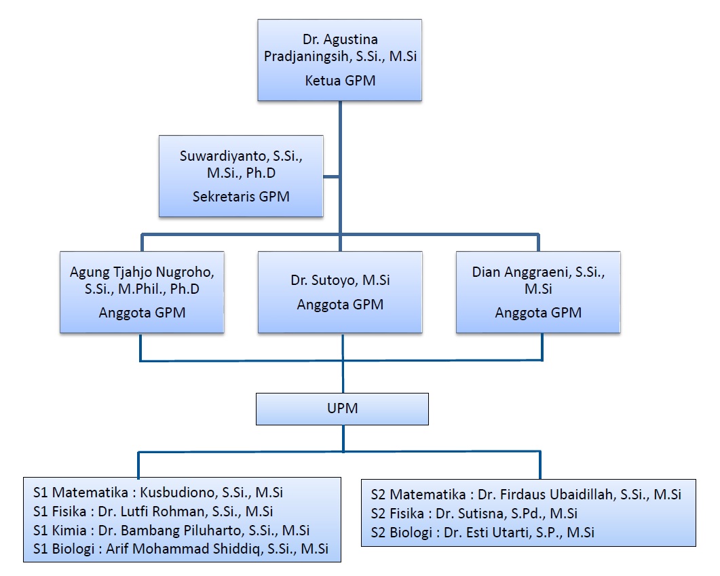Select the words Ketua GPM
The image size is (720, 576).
tap(339, 81)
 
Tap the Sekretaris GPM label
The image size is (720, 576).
tap(240, 197)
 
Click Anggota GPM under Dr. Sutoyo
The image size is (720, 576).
tap(339, 305)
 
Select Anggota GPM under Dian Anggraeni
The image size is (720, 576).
tap(537, 313)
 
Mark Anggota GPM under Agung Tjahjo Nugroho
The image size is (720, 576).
tap(142, 313)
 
